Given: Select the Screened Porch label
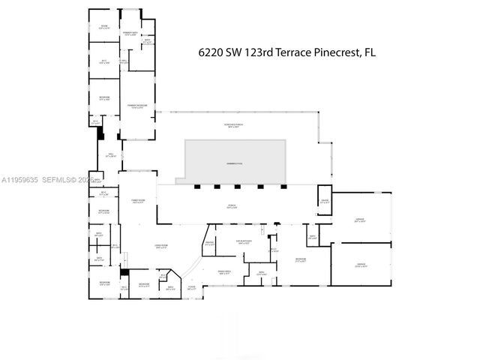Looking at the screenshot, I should pos(237,124).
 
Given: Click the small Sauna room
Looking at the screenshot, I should pos(325,201).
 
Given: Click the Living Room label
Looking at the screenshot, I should pos(160,247).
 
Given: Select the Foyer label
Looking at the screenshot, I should pos(192,286).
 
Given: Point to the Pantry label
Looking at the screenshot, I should pos(210,243).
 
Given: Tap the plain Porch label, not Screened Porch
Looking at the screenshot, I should pos(232,207).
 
